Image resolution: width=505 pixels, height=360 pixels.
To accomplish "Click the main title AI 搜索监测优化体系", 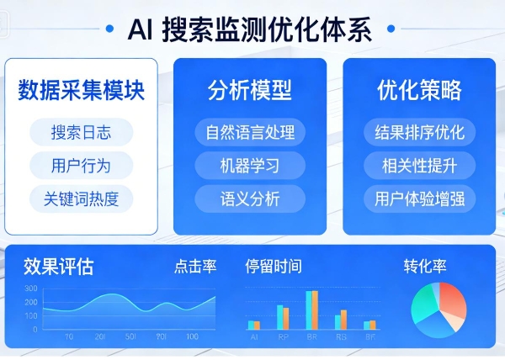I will coord(252,29).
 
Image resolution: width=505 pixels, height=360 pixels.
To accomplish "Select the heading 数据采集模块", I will coord(81,91).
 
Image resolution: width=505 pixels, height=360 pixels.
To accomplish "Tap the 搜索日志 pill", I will coord(81,132).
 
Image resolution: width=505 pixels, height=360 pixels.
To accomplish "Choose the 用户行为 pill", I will coord(81,165).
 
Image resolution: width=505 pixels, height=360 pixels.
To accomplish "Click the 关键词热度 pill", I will coord(81,199).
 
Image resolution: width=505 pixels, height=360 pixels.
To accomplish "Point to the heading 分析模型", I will coord(250,91).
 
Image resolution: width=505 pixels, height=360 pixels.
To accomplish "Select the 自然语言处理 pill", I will coord(250,132).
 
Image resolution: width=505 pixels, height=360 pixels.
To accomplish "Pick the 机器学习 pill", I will coord(250,165).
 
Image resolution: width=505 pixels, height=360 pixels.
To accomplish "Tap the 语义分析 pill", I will coord(250,199).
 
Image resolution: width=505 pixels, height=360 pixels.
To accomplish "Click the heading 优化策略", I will coord(419,91).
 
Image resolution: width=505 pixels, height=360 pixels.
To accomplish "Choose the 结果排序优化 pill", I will coord(419,132).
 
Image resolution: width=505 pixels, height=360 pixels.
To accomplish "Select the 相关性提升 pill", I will coord(419,165).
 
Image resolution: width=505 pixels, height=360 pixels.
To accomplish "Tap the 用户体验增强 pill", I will coord(419,199).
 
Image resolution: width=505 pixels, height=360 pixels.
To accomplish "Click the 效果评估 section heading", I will coord(59,267).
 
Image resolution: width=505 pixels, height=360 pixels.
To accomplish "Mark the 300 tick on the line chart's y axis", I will coord(31,289).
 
